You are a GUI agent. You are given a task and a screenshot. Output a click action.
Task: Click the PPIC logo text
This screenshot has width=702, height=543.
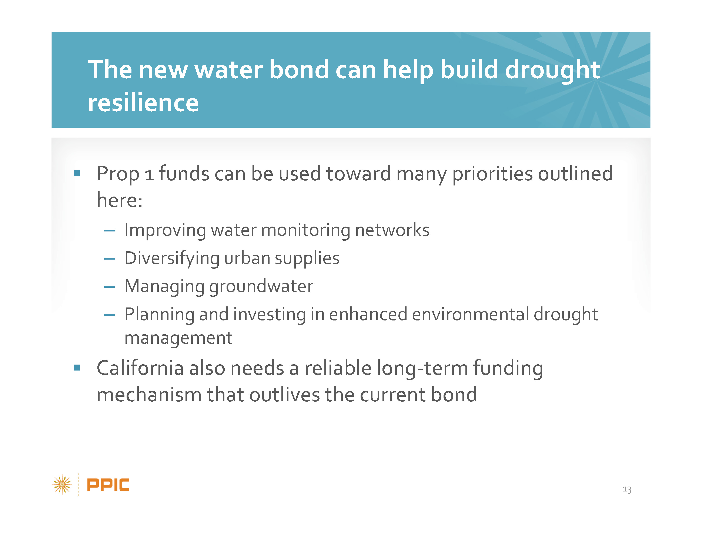click(x=108, y=485)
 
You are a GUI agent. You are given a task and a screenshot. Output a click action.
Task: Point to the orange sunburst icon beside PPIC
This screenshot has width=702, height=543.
click(x=62, y=484)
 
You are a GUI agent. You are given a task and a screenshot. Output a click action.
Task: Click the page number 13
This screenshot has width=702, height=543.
click(x=627, y=490)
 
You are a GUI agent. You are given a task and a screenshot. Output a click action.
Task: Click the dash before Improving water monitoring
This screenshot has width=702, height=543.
click(x=110, y=230)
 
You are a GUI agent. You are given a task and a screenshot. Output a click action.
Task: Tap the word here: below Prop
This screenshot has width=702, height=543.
click(x=120, y=200)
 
